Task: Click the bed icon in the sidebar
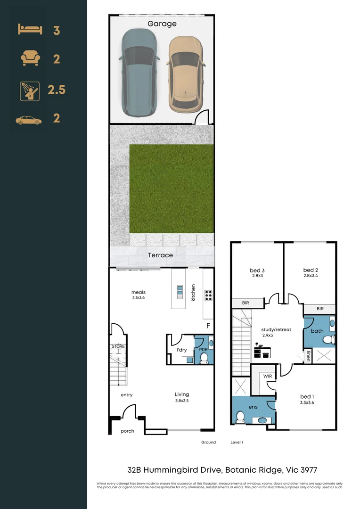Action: [x=30, y=30]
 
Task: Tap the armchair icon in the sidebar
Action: [x=30, y=59]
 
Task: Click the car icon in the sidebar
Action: [x=29, y=121]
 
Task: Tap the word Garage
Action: [x=162, y=24]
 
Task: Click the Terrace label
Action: [x=160, y=255]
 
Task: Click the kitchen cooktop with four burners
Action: [x=208, y=295]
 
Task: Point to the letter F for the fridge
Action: [x=207, y=326]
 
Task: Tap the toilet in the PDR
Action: [x=204, y=359]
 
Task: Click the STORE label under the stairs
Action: [x=118, y=346]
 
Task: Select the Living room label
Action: [x=182, y=394]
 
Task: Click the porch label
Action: [x=127, y=431]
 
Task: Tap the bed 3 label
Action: [x=257, y=271]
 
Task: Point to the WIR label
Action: [x=268, y=376]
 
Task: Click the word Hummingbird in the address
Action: [x=182, y=470]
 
